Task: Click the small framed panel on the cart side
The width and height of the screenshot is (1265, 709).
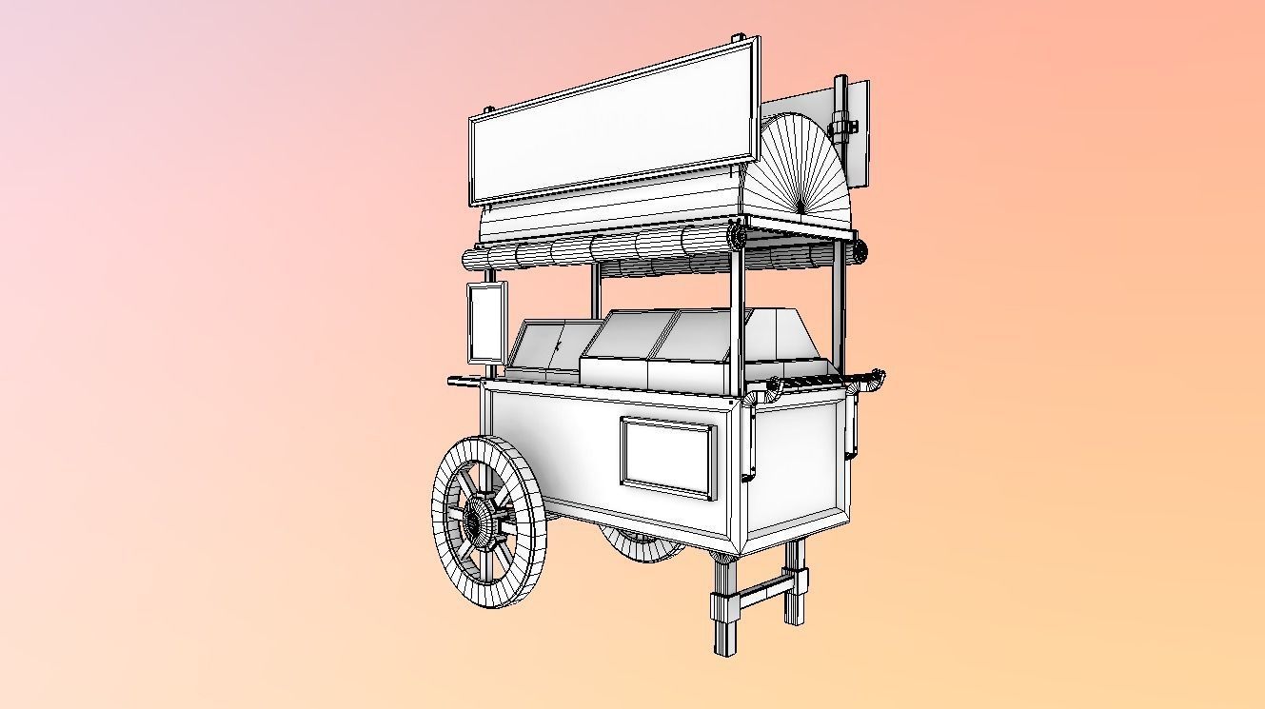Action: (x=666, y=457)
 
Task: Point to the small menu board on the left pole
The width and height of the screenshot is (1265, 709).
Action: (x=486, y=323)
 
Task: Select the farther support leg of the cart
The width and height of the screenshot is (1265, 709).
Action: (x=795, y=582)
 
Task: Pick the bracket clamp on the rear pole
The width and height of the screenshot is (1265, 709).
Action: (x=841, y=124)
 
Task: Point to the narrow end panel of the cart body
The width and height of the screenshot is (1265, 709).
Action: (x=795, y=466)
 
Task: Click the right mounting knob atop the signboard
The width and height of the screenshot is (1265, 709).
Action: (x=739, y=39)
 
